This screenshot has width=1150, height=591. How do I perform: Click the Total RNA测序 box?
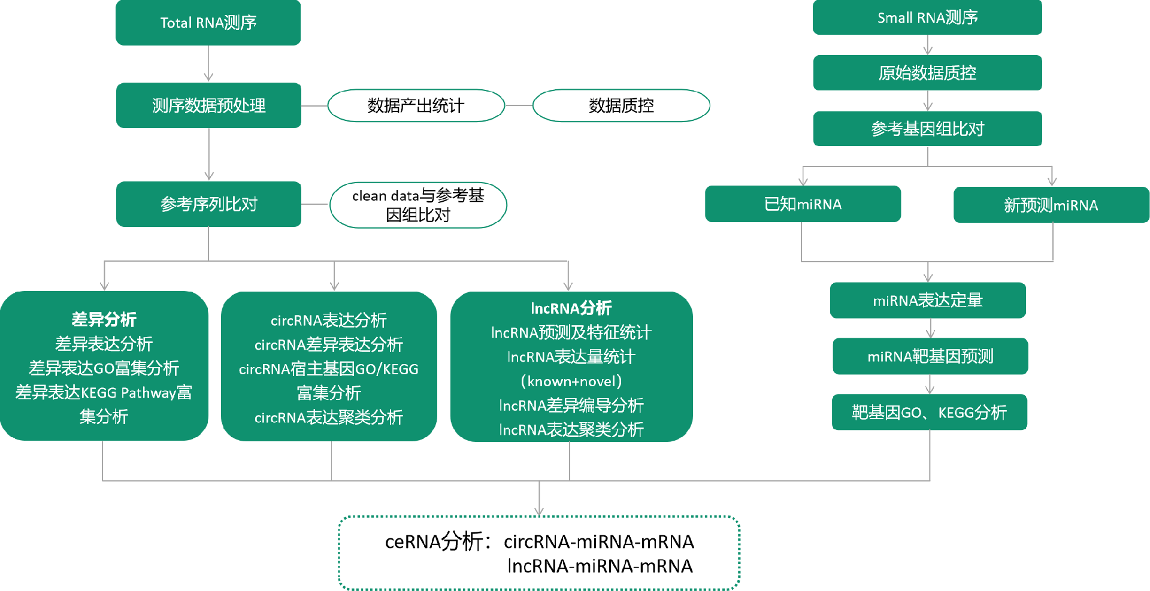pyautogui.click(x=208, y=23)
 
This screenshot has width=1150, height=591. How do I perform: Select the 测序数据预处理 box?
pyautogui.click(x=208, y=105)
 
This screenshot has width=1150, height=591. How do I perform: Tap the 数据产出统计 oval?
pyautogui.click(x=416, y=105)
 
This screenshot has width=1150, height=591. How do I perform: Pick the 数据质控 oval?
pyautogui.click(x=621, y=105)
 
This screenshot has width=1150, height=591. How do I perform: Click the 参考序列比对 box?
pyautogui.click(x=208, y=204)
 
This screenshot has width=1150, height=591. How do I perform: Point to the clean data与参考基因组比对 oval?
pyautogui.click(x=418, y=205)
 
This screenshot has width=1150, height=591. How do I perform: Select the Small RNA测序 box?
pyautogui.click(x=927, y=17)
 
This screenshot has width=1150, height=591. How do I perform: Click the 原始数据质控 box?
pyautogui.click(x=927, y=72)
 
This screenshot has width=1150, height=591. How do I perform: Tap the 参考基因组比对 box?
pyautogui.click(x=927, y=129)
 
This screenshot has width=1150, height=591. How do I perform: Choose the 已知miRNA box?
pyautogui.click(x=803, y=204)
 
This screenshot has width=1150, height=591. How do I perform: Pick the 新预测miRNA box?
pyautogui.click(x=1051, y=205)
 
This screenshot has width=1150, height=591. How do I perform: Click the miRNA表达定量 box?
pyautogui.click(x=928, y=300)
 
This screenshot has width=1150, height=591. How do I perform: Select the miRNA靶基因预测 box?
pyautogui.click(x=930, y=356)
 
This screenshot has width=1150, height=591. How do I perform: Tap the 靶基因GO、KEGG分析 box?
pyautogui.click(x=930, y=412)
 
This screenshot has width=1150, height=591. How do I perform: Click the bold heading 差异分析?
pyautogui.click(x=104, y=319)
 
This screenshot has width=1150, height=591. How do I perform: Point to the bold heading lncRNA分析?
pyautogui.click(x=571, y=308)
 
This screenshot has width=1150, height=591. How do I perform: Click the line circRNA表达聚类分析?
pyautogui.click(x=329, y=417)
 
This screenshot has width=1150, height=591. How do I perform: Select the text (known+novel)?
pyautogui.click(x=571, y=381)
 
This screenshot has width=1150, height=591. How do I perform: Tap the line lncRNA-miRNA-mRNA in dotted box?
pyautogui.click(x=600, y=566)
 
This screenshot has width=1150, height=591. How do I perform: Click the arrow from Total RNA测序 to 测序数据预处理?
pyautogui.click(x=208, y=64)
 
